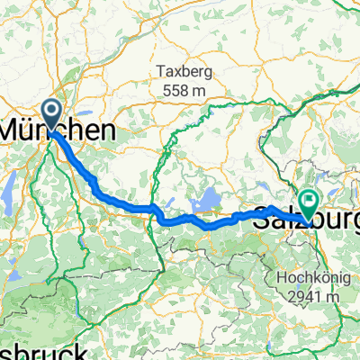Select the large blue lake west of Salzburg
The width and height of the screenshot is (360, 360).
click(x=209, y=195)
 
